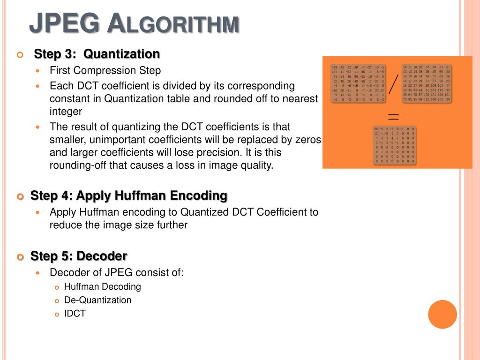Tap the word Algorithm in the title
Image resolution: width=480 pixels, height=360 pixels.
(x=173, y=24)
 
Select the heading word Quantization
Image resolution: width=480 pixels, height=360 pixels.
(x=122, y=54)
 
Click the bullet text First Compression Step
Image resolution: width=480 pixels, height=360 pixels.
(x=105, y=71)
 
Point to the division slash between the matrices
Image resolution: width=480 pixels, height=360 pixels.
(x=393, y=83)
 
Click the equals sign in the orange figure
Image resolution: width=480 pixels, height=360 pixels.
(x=393, y=116)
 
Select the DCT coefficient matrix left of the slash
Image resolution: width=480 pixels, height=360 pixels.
(x=358, y=83)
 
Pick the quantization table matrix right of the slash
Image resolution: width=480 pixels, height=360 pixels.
(x=426, y=83)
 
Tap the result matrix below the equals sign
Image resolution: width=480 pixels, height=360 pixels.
(x=394, y=145)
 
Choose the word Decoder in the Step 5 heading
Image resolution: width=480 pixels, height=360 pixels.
(x=102, y=256)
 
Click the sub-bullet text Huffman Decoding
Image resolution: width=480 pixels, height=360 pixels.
(x=102, y=286)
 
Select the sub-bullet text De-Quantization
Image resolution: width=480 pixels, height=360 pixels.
(x=97, y=300)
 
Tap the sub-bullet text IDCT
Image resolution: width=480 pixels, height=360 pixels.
(x=75, y=314)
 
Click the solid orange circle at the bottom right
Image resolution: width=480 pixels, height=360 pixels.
(x=442, y=314)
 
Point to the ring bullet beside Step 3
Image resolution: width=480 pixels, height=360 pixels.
(x=20, y=55)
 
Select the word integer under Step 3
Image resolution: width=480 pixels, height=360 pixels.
(x=66, y=112)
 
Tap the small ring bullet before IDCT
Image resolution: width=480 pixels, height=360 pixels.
(x=57, y=314)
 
